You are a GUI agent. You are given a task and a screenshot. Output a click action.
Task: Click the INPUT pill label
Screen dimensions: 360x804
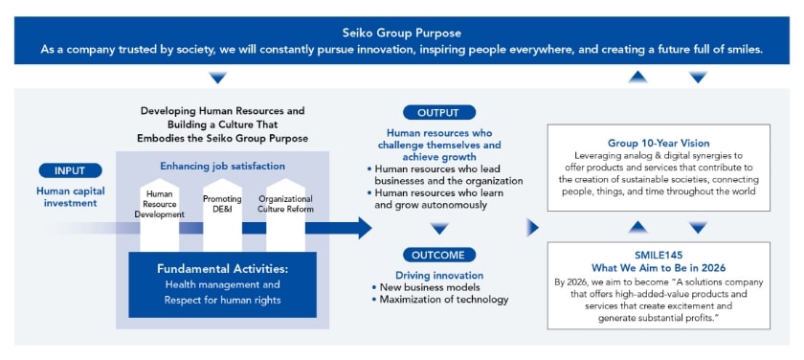(x=70, y=170)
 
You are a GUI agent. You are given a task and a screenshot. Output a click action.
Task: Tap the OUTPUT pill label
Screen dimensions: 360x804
(x=438, y=112)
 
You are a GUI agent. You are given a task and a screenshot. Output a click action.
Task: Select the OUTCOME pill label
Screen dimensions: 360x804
(x=438, y=255)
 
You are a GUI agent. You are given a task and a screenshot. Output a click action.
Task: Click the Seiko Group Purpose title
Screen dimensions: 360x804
(x=401, y=33)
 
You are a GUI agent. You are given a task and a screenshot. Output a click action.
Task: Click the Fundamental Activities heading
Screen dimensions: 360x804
(x=222, y=268)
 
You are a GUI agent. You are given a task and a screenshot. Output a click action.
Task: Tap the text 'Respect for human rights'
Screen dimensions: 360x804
(x=222, y=300)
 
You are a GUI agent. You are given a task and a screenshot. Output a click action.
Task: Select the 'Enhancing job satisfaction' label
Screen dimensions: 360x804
(x=222, y=166)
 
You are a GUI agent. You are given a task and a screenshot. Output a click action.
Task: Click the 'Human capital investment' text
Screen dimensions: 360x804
(x=70, y=196)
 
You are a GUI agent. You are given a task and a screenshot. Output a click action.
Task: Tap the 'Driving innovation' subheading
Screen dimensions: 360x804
(x=425, y=276)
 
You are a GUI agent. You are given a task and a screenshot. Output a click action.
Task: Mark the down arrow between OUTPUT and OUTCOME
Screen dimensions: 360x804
(x=438, y=228)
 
